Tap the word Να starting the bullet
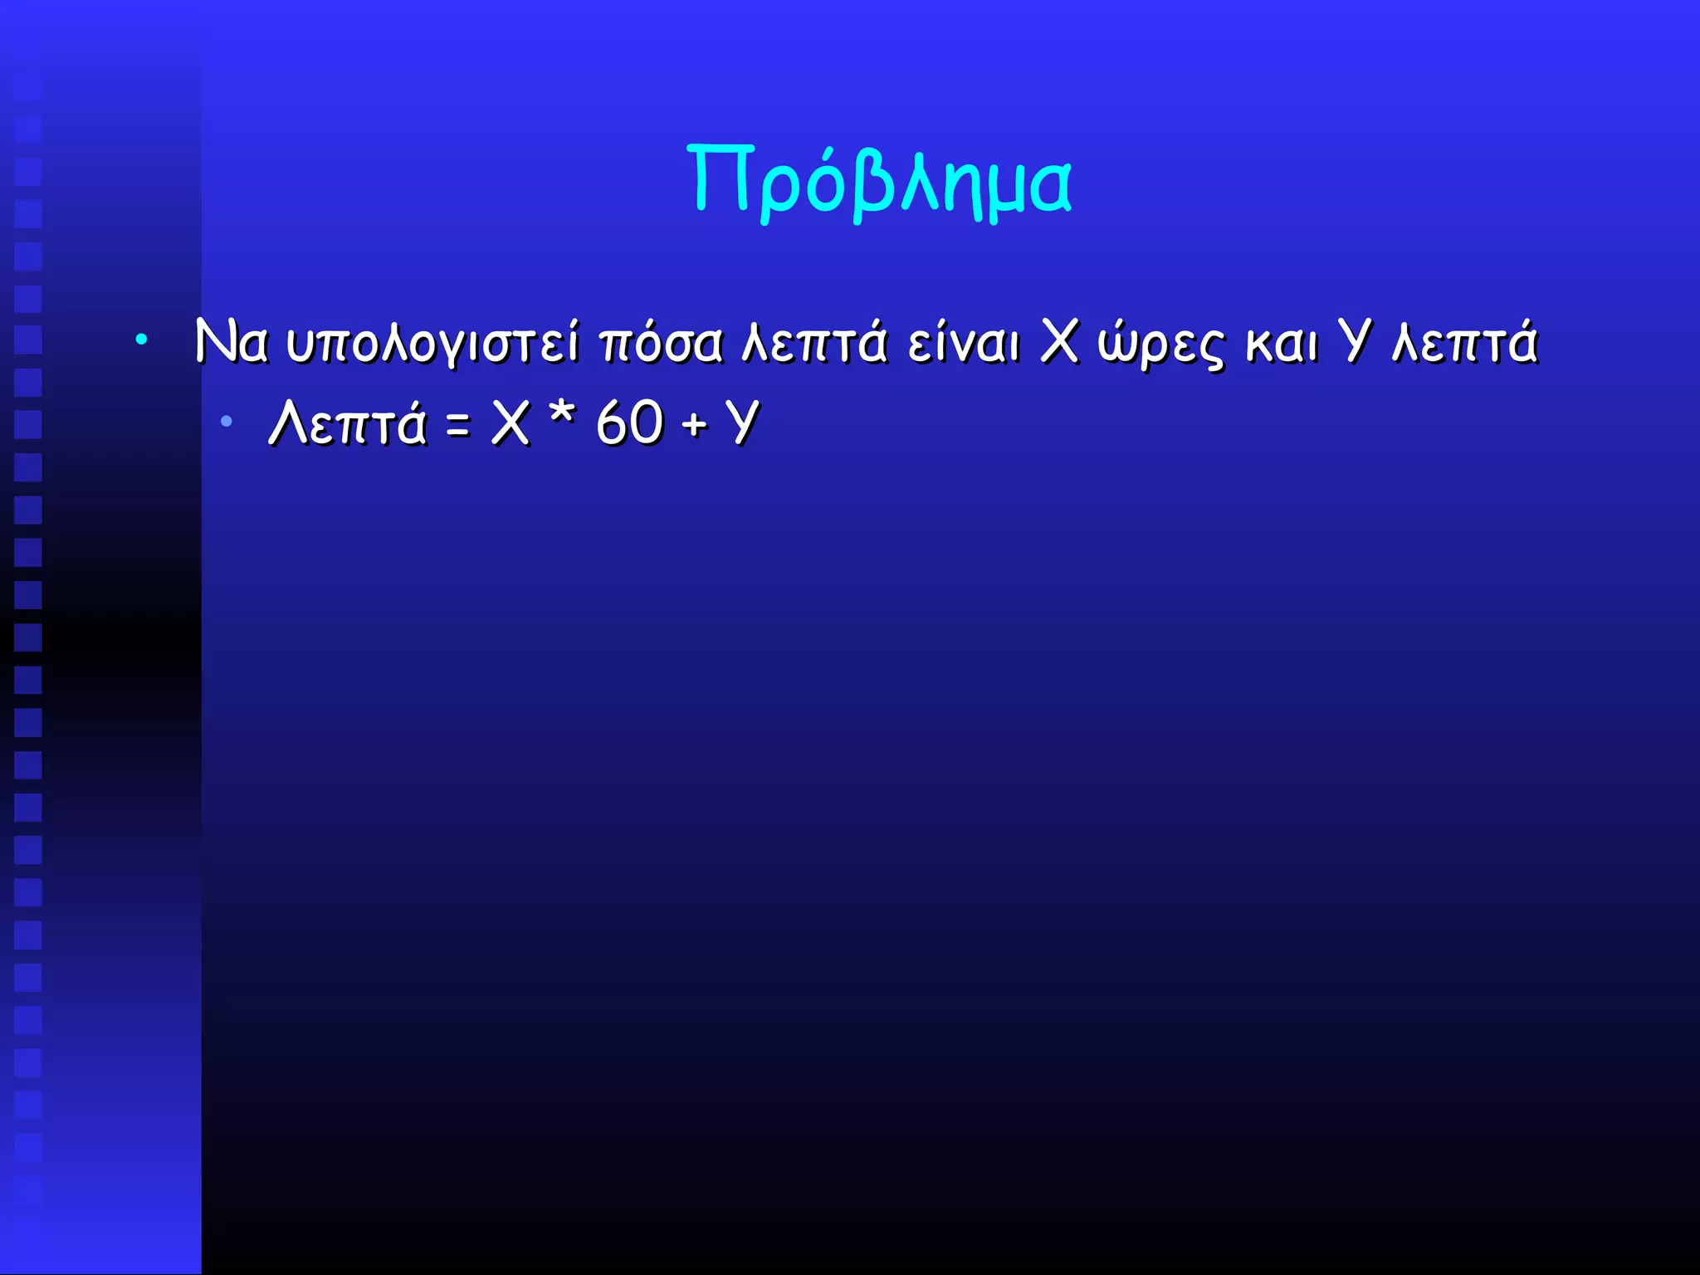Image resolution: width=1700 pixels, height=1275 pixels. (231, 342)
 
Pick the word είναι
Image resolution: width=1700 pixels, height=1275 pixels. (963, 342)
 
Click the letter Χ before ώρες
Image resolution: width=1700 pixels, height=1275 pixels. (1059, 342)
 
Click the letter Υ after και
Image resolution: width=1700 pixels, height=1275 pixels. (1355, 342)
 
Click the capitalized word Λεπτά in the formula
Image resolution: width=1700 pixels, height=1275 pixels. (348, 423)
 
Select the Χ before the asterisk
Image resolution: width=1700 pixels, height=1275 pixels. (510, 423)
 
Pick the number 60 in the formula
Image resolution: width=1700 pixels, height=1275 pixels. (629, 423)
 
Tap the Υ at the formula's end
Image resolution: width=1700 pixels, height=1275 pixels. (741, 423)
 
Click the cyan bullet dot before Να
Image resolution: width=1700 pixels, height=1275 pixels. (142, 340)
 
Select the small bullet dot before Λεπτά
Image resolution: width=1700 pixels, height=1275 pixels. (226, 423)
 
